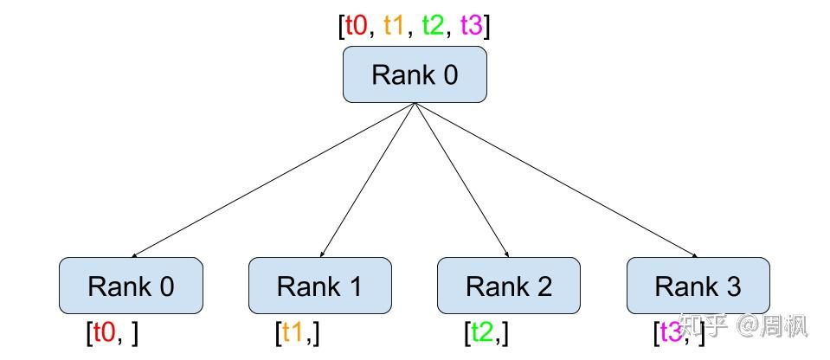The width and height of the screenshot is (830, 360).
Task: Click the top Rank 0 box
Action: (x=415, y=74)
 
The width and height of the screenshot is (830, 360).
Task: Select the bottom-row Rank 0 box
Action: (x=131, y=286)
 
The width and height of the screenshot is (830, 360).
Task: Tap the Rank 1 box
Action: (x=319, y=286)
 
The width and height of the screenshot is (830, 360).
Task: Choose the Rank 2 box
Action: (x=508, y=286)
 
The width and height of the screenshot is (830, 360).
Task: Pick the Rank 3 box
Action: (x=698, y=286)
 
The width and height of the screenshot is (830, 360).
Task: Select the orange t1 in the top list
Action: (x=395, y=26)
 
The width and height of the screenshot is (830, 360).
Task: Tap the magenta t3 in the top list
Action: (x=472, y=26)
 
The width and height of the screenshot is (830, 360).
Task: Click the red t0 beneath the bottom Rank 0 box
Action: (x=103, y=333)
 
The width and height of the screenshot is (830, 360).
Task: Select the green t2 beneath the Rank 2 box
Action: (x=482, y=333)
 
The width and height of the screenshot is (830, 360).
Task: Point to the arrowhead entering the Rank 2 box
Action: (x=506, y=254)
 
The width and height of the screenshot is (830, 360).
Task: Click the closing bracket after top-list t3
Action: (x=487, y=26)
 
